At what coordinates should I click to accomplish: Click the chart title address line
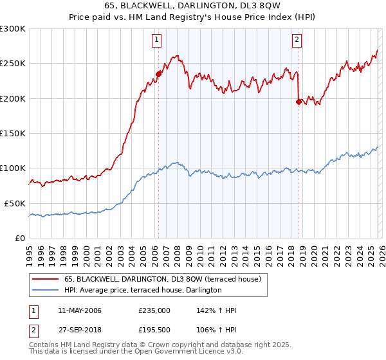(x=192, y=6)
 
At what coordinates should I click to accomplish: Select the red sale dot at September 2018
(x=299, y=102)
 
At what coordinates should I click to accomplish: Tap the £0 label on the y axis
(x=19, y=238)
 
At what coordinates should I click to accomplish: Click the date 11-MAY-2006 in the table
(x=78, y=310)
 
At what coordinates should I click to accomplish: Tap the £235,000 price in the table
(x=154, y=310)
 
